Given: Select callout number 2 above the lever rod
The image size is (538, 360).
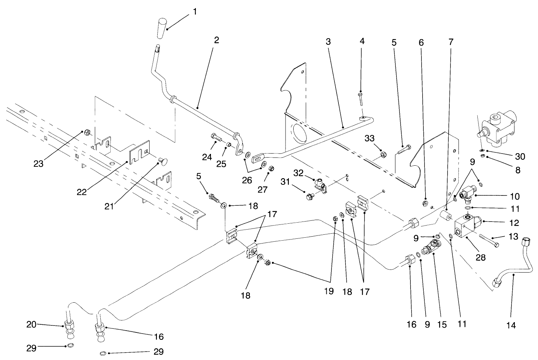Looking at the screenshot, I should point(216,40).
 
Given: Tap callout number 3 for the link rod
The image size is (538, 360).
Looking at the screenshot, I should point(328,42).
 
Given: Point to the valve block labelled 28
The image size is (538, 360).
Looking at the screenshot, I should point(465,230).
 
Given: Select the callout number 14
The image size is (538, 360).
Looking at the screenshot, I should point(511,325).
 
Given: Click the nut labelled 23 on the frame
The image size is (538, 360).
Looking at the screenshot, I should point(87,132).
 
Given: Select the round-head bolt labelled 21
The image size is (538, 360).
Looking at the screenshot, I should point(162,161).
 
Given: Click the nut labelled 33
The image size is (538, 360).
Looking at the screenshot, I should point(382,154).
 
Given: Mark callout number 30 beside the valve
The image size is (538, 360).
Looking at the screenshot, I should point(520,156).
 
